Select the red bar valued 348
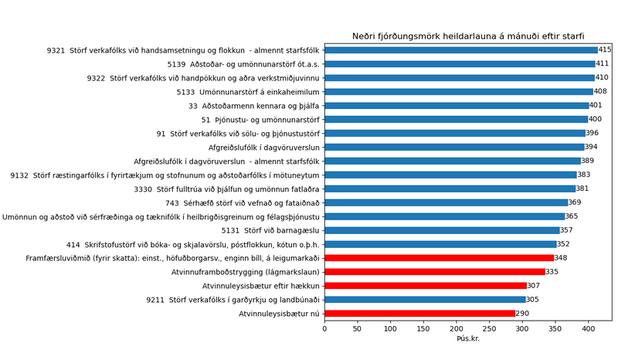[x=439, y=258]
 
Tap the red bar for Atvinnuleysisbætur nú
[x=419, y=314]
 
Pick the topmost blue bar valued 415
[x=460, y=50]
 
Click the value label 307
[x=534, y=286]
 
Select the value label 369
[x=575, y=202]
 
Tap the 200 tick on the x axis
[x=456, y=329]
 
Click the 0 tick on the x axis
[x=324, y=329]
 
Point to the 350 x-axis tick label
[x=555, y=329]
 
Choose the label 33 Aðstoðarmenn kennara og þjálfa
[x=254, y=106]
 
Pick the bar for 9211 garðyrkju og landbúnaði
[x=425, y=300]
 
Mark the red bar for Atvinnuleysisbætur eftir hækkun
[x=426, y=286]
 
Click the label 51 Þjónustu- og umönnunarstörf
[x=260, y=120]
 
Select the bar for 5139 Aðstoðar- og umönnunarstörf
[x=460, y=64]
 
